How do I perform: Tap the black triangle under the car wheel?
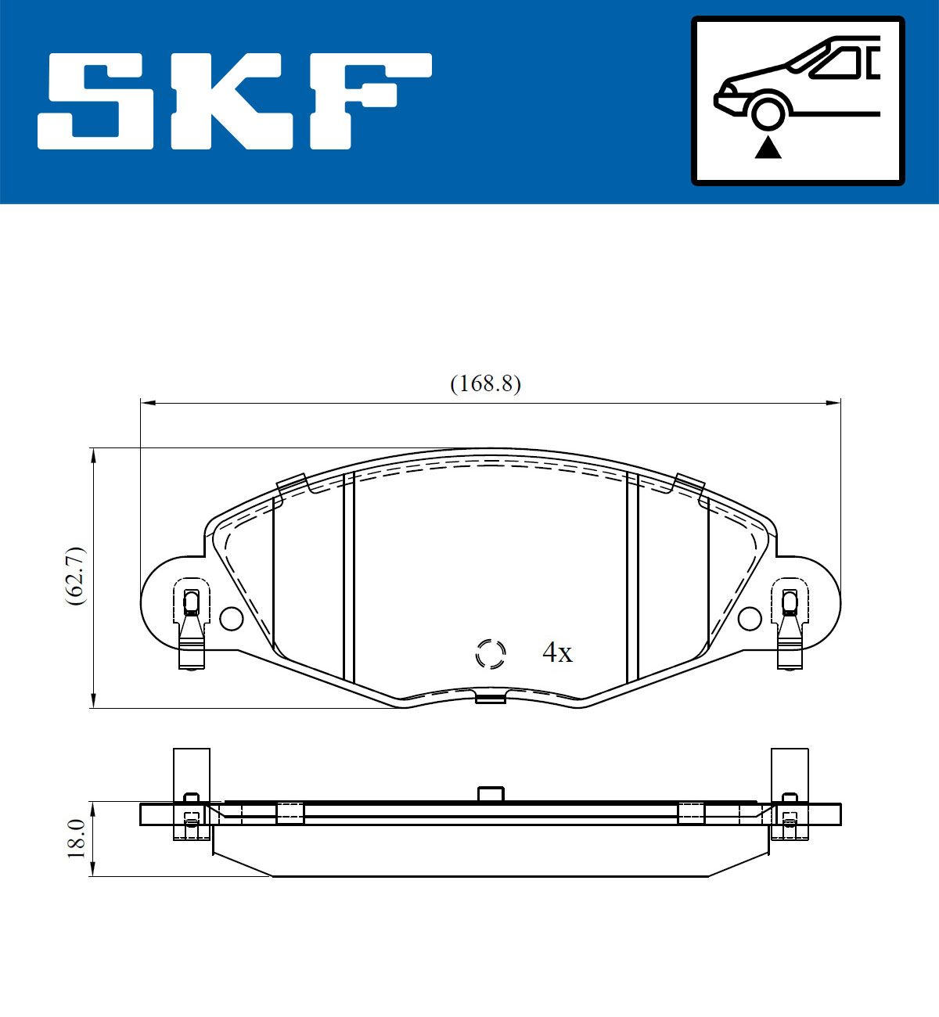tap(768, 149)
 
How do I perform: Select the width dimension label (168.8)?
tap(485, 383)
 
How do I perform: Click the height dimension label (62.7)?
tap(77, 576)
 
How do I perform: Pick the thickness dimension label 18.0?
tap(77, 839)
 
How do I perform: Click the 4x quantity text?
tap(557, 652)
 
